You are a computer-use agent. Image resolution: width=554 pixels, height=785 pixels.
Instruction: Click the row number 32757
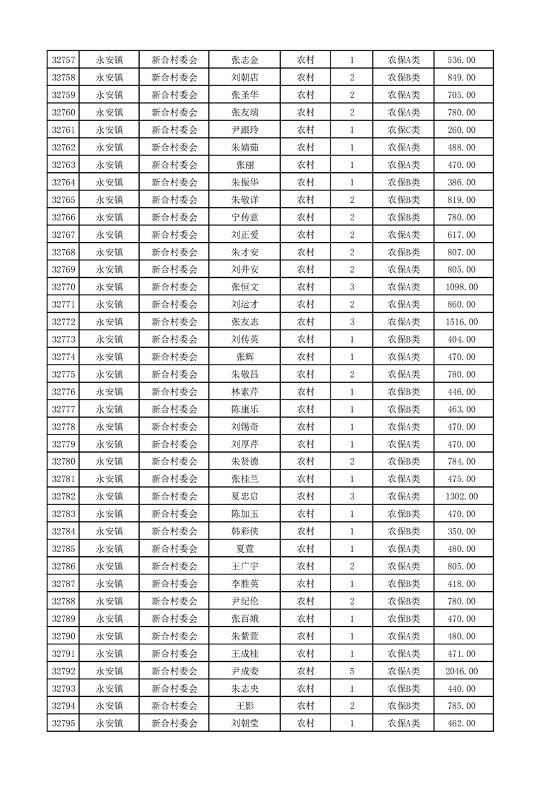pyautogui.click(x=64, y=60)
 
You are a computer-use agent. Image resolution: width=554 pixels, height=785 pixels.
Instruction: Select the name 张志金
pyautogui.click(x=245, y=60)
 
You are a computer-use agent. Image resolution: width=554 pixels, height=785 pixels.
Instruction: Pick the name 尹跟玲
pyautogui.click(x=245, y=130)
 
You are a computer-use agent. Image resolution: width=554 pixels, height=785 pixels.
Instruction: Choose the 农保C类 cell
pyautogui.click(x=403, y=130)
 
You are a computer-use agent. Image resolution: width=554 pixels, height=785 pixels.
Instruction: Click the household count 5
pyautogui.click(x=351, y=671)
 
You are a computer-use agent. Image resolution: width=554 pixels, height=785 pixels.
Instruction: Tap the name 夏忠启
pyautogui.click(x=245, y=497)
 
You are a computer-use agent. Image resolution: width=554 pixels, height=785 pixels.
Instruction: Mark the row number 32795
pyautogui.click(x=64, y=723)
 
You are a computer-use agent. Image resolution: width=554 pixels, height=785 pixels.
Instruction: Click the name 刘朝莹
pyautogui.click(x=245, y=723)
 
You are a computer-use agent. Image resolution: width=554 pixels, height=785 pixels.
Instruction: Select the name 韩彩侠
pyautogui.click(x=245, y=532)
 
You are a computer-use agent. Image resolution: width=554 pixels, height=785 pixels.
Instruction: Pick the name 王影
pyautogui.click(x=245, y=706)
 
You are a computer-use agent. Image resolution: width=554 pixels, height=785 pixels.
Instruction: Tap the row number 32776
pyautogui.click(x=64, y=392)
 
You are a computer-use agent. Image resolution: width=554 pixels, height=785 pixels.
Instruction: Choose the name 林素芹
pyautogui.click(x=245, y=392)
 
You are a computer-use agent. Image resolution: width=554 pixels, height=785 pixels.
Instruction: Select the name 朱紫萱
pyautogui.click(x=245, y=636)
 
